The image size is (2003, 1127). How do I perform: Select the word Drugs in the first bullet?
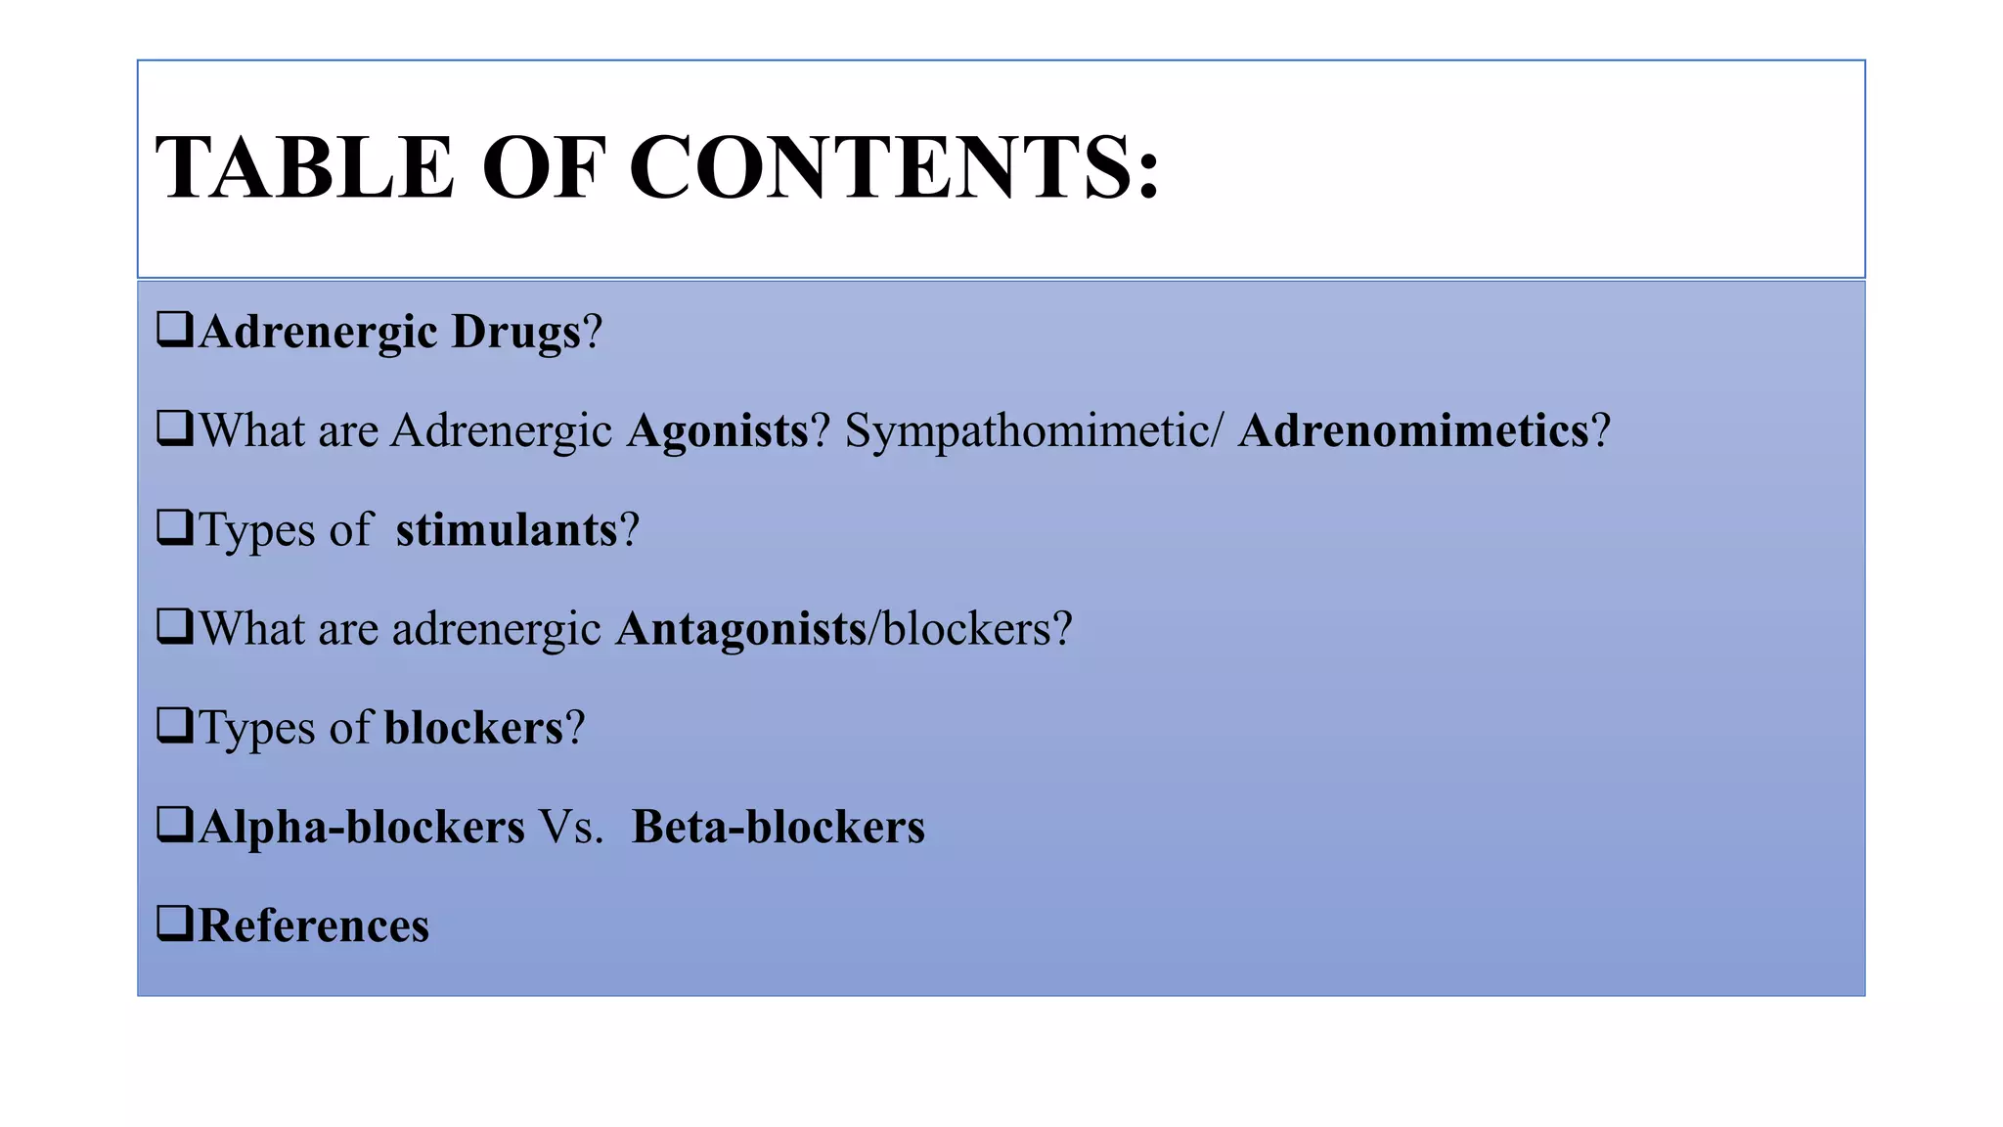coord(516,333)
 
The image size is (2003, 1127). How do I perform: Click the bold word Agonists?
coord(717,431)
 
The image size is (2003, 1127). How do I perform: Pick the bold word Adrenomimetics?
coord(1413,431)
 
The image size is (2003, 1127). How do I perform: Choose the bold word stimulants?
coord(507,530)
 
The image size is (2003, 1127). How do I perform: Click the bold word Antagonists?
coord(741,629)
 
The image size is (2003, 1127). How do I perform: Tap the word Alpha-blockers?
coord(362,828)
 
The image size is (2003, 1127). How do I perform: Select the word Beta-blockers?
coord(779,828)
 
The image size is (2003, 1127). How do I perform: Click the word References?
coord(314,926)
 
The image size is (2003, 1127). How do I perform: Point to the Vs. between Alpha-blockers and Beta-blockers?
coord(572,828)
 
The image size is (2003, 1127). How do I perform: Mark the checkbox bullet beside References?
coord(174,923)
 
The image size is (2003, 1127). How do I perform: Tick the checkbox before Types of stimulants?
coord(174,527)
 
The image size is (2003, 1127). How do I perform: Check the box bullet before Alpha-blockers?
coord(174,824)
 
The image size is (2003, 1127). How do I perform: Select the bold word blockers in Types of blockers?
coord(474,729)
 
